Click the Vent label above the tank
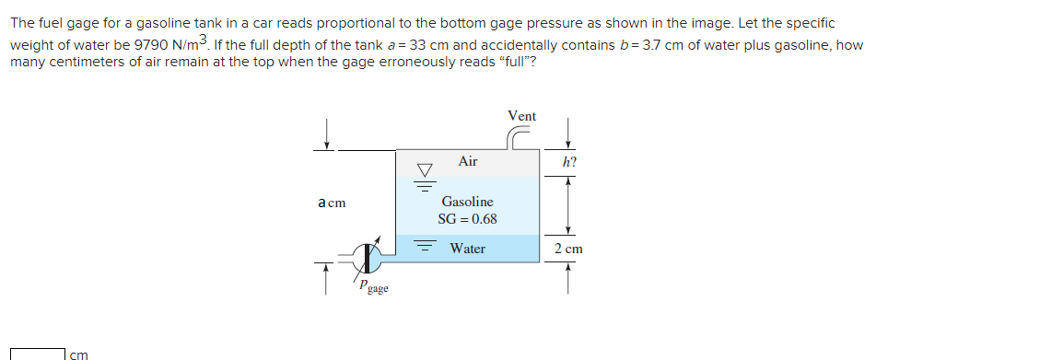pyautogui.click(x=521, y=116)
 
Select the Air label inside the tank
pyautogui.click(x=468, y=161)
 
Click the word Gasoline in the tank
pyautogui.click(x=467, y=201)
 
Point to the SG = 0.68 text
pyautogui.click(x=467, y=219)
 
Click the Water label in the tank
pyautogui.click(x=467, y=249)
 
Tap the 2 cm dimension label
pyautogui.click(x=568, y=249)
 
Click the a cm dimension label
pyautogui.click(x=332, y=203)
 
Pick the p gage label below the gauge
pyautogui.click(x=373, y=287)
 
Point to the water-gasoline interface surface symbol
pyautogui.click(x=424, y=248)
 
